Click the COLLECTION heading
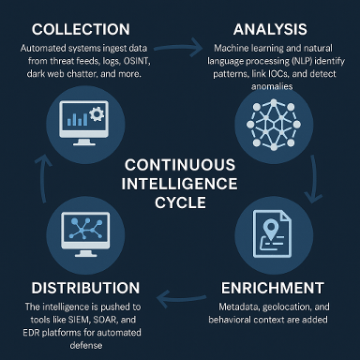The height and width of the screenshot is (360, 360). pos(81,29)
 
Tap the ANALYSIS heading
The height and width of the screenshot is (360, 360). pos(270,29)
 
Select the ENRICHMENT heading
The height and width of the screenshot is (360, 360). pos(273,288)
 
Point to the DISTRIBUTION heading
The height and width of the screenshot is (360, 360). pos(85,288)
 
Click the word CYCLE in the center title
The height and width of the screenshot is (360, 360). pos(180,202)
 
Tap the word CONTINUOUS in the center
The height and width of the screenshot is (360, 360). pos(180,165)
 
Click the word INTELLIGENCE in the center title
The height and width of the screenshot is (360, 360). pos(179,184)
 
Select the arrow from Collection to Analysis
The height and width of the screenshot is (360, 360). pos(178,48)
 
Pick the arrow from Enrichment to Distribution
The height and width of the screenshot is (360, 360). pos(181,298)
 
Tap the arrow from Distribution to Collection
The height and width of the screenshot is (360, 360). pos(41,178)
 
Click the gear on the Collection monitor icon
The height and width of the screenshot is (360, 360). pos(97,114)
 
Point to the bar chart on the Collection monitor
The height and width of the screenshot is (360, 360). pos(77,120)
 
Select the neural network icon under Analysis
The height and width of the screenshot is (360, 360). pos(274,125)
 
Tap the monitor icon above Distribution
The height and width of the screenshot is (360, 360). pos(85,234)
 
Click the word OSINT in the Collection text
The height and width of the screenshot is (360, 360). pos(137,61)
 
